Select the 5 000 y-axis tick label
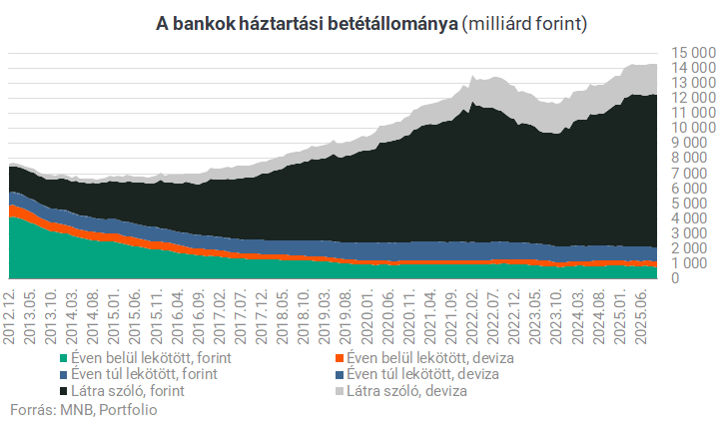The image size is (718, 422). pos(689,203)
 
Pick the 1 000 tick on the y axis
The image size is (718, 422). pos(689,262)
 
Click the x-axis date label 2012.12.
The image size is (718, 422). pos(10,315)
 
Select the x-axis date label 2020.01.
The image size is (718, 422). pos(366,315)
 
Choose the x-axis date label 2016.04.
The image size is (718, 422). pos(178,315)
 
